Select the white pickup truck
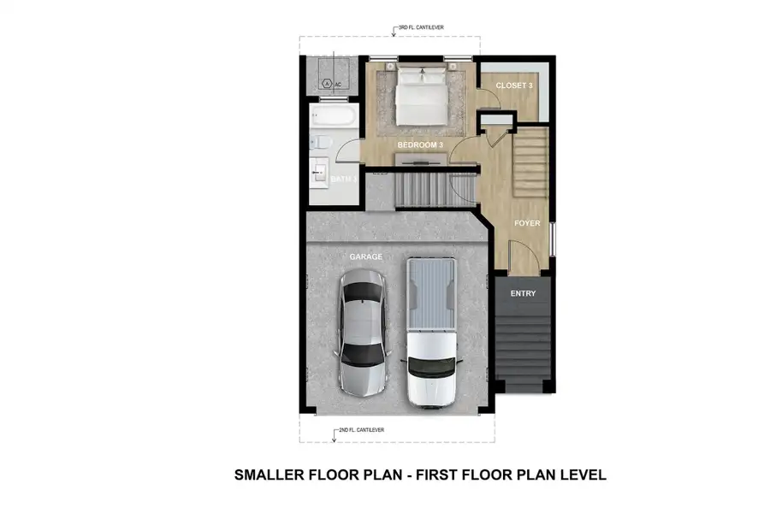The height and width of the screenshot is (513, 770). (x=430, y=332)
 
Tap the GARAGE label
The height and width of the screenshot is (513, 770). (x=365, y=256)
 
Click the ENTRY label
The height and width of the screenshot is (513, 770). (x=523, y=293)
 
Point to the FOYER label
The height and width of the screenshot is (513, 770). (x=526, y=223)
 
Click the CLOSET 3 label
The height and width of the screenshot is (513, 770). (x=514, y=86)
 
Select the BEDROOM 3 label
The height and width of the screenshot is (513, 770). (x=419, y=145)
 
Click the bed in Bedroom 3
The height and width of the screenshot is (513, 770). (x=419, y=96)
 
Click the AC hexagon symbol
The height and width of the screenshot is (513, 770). (x=327, y=84)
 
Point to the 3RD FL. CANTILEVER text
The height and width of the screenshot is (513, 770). (x=420, y=27)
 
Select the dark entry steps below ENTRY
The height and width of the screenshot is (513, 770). (x=523, y=346)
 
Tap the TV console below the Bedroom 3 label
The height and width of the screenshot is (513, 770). (x=419, y=160)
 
